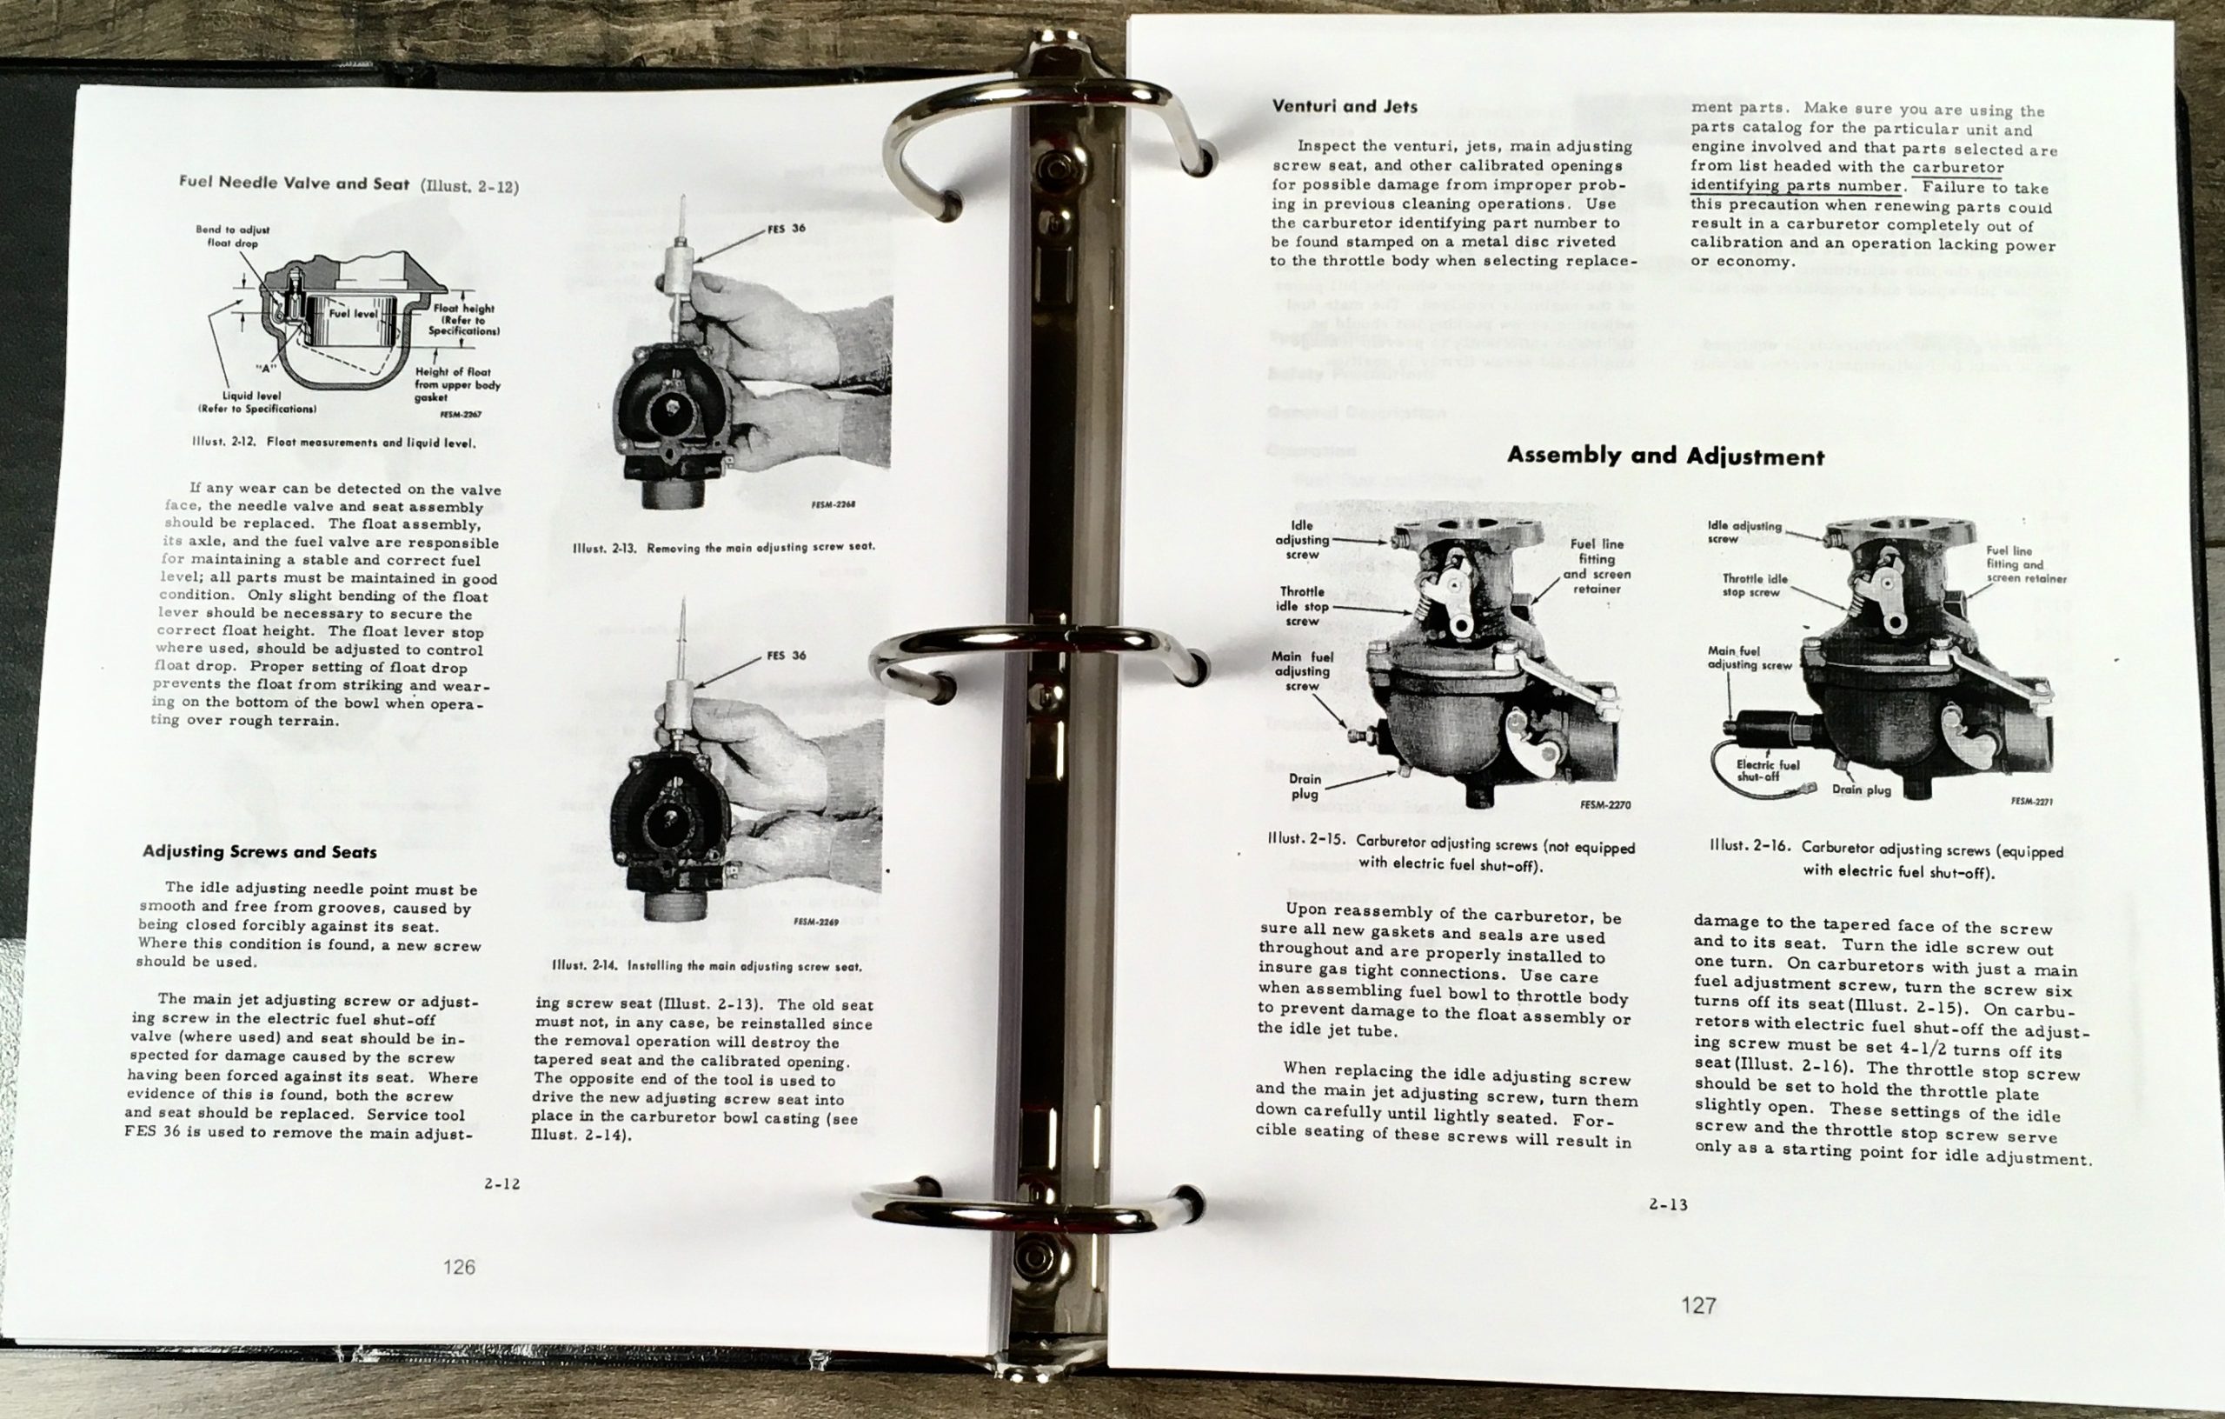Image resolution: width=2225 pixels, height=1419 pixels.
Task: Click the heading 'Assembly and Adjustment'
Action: (1665, 456)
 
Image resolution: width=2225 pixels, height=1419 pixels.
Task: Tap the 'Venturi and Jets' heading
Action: (1345, 106)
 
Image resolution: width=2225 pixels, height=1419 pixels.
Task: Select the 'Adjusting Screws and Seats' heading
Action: (260, 851)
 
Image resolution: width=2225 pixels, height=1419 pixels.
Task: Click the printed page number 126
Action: (459, 1267)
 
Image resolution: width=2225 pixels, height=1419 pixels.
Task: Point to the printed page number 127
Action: (1698, 1305)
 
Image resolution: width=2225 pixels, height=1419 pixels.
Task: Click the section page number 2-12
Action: (501, 1183)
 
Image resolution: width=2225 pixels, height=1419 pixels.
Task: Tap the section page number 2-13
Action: (1669, 1204)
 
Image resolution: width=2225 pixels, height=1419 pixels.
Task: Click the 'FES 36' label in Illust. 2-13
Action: (787, 229)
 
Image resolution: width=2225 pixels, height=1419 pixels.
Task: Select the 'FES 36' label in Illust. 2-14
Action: (787, 656)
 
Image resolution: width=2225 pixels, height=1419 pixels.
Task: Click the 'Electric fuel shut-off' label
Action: (1768, 770)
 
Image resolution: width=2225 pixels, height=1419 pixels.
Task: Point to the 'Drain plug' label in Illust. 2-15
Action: (1305, 786)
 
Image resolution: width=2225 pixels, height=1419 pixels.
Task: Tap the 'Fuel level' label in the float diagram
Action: (354, 313)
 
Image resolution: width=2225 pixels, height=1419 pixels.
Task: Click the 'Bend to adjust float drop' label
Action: (232, 236)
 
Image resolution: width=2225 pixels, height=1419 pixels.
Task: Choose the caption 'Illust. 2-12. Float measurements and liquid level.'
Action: (334, 442)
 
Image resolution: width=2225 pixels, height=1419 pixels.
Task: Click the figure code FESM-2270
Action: (1605, 804)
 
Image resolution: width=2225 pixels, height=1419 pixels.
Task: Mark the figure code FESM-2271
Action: (2032, 802)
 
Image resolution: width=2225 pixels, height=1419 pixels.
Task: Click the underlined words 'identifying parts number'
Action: (1797, 186)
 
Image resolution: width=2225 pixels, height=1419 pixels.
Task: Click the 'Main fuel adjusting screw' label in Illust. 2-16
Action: (1749, 657)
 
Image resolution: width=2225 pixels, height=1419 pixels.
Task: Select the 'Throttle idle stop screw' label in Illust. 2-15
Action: (1303, 606)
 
